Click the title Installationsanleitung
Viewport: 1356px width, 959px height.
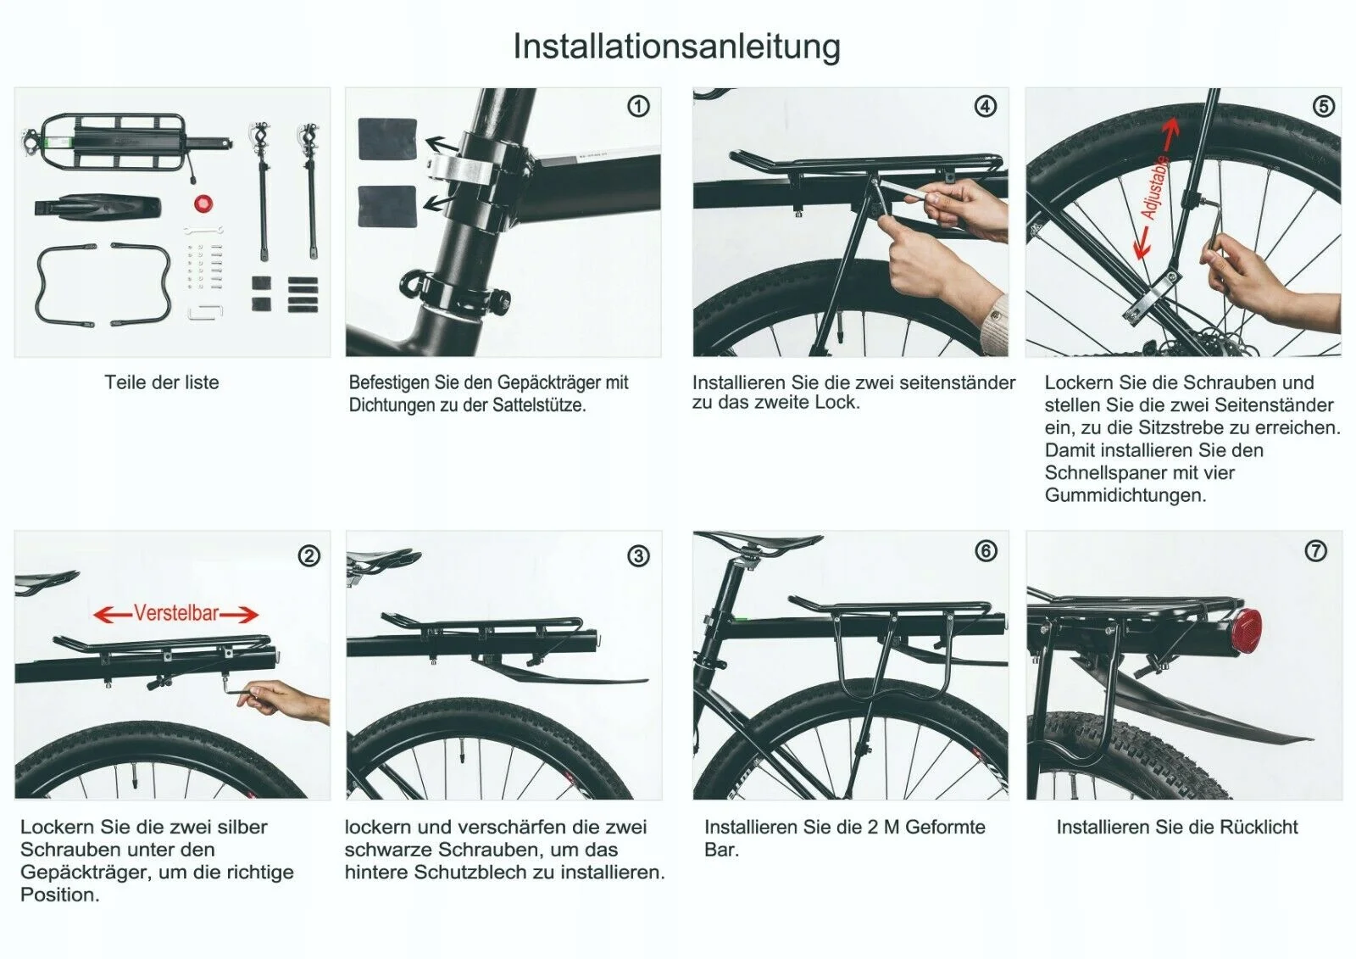(676, 46)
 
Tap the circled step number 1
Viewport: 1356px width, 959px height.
(638, 106)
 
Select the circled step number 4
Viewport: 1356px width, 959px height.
(985, 106)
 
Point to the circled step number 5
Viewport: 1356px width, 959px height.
(1323, 106)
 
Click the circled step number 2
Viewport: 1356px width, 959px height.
(308, 556)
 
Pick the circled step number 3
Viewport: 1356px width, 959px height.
(638, 556)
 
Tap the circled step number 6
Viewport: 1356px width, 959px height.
(985, 551)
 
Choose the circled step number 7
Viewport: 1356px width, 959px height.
(1315, 551)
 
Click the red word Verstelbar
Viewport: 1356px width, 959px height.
(176, 613)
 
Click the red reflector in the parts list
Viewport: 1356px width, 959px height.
(203, 204)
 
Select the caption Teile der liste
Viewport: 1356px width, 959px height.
(161, 382)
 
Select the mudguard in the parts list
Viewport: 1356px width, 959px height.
(97, 207)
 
